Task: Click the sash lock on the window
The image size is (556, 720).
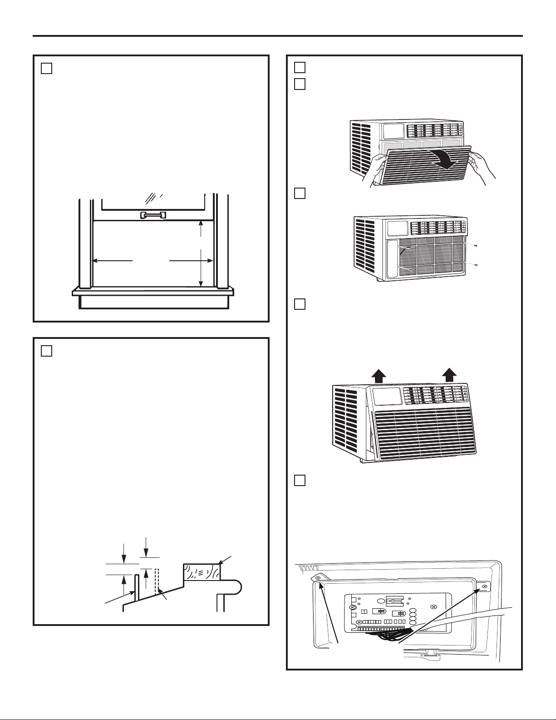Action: [153, 215]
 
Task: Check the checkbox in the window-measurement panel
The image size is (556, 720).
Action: [47, 69]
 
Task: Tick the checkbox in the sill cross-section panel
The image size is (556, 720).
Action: [47, 351]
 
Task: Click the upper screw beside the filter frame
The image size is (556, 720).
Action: [475, 246]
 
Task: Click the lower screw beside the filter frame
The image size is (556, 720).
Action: [475, 264]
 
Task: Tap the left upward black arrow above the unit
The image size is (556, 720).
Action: [379, 375]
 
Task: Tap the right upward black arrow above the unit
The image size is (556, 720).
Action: [449, 375]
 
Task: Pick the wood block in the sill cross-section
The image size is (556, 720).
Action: [202, 572]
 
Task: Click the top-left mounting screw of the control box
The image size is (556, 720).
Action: [318, 577]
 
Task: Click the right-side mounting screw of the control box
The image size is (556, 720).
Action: [484, 587]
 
